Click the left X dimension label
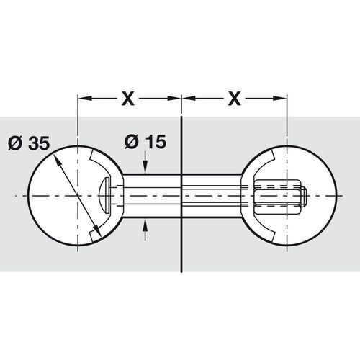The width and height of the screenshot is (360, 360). [128, 99]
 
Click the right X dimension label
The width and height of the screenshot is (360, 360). [233, 99]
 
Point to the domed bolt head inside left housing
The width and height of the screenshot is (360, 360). [102, 195]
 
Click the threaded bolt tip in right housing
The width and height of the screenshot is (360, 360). [302, 195]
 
